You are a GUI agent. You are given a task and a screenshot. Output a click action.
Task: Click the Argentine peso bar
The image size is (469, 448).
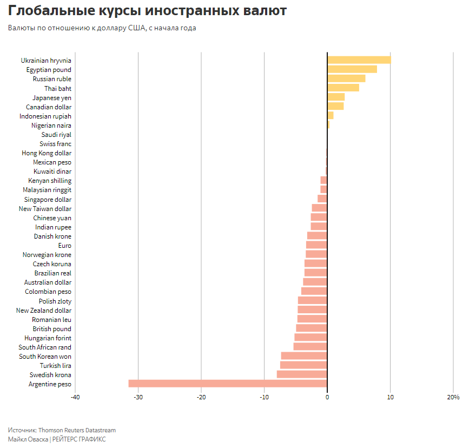tap(228, 384)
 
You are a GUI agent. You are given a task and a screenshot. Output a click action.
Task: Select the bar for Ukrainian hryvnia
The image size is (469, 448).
tap(359, 60)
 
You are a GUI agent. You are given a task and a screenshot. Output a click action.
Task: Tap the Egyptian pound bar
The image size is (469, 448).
tap(352, 69)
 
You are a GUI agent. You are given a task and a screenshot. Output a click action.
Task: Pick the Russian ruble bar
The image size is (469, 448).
tap(346, 78)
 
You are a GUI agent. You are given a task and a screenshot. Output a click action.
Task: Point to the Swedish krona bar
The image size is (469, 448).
tap(302, 374)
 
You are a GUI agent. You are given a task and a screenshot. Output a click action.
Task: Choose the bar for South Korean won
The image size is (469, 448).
tap(304, 356)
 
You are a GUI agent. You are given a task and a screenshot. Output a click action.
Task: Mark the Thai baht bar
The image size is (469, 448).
tap(343, 88)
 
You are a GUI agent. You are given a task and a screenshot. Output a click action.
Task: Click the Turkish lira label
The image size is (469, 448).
tap(56, 366)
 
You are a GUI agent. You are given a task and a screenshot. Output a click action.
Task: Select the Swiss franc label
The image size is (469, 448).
tap(55, 144)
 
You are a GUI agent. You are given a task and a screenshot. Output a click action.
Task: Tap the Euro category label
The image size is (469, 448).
tap(64, 246)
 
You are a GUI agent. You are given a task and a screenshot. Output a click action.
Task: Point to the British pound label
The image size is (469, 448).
tap(52, 329)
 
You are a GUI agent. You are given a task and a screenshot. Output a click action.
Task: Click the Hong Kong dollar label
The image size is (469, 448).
tap(47, 153)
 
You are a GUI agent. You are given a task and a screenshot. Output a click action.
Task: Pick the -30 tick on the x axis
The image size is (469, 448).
tap(138, 398)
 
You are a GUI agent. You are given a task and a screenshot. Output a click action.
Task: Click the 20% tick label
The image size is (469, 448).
tap(453, 398)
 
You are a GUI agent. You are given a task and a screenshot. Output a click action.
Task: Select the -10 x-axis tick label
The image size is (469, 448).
tap(264, 398)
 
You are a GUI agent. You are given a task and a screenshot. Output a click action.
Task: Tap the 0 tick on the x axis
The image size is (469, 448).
tap(327, 398)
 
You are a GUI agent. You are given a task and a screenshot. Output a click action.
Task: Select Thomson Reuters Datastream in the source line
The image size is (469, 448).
tap(77, 430)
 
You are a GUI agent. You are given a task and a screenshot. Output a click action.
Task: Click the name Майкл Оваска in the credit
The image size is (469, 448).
tap(28, 439)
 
